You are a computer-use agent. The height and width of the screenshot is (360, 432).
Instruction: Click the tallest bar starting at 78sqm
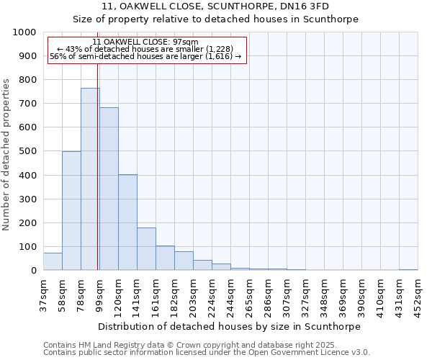pyautogui.click(x=90, y=179)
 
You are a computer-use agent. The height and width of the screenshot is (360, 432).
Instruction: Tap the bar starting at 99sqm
pyautogui.click(x=109, y=189)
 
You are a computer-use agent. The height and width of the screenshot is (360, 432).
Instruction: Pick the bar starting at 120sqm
pyautogui.click(x=127, y=222)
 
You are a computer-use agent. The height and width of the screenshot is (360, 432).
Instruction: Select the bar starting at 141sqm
pyautogui.click(x=146, y=249)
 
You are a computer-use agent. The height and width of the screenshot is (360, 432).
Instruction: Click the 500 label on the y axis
pyautogui.click(x=28, y=151)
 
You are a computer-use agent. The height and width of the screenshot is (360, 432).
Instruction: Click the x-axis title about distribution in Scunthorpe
pyautogui.click(x=230, y=326)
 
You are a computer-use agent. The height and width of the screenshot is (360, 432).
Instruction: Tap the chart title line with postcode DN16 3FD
pyautogui.click(x=215, y=6)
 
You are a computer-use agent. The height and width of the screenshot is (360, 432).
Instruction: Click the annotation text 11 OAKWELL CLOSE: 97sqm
pyautogui.click(x=145, y=42)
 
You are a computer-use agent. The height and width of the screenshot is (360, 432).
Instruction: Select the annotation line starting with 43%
pyautogui.click(x=146, y=49)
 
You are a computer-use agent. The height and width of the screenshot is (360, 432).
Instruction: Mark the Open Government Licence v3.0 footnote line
pyautogui.click(x=207, y=353)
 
